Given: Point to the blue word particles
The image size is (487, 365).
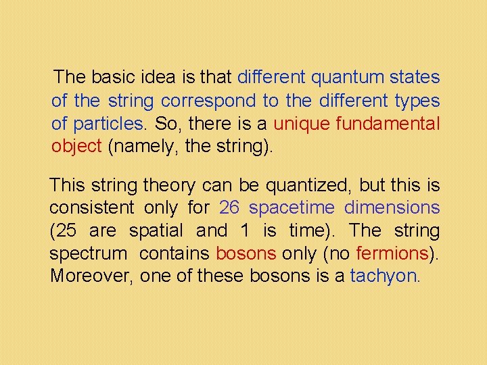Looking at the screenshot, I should click(107, 124).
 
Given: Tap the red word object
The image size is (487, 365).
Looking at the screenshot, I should click(76, 147).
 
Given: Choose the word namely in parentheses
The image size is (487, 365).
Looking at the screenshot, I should click(141, 147).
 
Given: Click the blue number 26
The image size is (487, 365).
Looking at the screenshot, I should click(230, 208).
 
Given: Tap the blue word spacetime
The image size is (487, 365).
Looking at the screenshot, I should click(292, 208).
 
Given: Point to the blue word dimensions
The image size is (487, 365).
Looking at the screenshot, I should click(392, 208).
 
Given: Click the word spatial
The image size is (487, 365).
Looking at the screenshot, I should click(155, 230).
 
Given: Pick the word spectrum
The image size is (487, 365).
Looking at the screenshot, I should click(88, 253).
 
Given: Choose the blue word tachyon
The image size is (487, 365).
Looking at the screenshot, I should click(384, 276).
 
